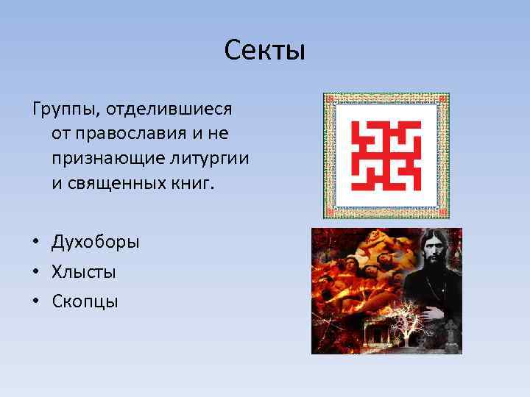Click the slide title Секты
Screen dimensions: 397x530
[x=264, y=52]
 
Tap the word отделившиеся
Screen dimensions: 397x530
[x=169, y=110]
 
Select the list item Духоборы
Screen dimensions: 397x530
[x=95, y=243]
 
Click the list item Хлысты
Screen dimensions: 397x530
[x=83, y=272]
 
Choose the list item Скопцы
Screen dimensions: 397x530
[x=85, y=301]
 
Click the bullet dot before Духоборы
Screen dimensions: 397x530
[x=36, y=243]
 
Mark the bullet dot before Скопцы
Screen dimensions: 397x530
[x=36, y=302]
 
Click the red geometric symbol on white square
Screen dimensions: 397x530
[x=386, y=155]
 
